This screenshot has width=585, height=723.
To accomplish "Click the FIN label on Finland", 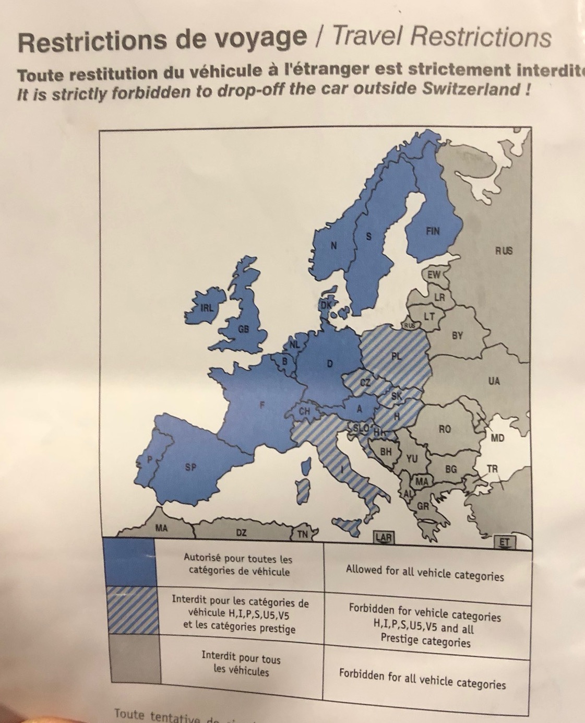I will [x=433, y=231].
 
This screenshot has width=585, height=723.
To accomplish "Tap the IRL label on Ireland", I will [x=207, y=308].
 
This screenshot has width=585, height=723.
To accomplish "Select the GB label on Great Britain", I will [x=243, y=329].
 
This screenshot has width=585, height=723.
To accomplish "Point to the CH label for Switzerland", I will [x=304, y=412].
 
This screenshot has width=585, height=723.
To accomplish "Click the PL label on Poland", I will [x=397, y=357].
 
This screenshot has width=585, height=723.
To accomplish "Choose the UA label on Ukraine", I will [x=494, y=381].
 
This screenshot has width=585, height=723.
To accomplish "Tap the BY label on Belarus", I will [x=457, y=336].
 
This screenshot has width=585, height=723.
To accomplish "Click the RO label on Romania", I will [x=445, y=429].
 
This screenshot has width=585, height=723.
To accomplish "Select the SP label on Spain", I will [x=190, y=468].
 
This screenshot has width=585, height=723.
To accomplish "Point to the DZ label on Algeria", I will [x=241, y=532].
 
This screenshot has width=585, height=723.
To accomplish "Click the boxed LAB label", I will [x=384, y=536].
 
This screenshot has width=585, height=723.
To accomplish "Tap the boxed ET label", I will [x=504, y=542].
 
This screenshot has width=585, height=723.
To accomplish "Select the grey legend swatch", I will [x=133, y=658].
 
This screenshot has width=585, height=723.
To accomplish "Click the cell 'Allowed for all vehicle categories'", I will [x=425, y=573].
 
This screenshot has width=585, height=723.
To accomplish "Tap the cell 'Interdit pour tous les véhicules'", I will [x=241, y=663].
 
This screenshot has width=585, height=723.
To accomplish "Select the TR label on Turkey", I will [x=493, y=469].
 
